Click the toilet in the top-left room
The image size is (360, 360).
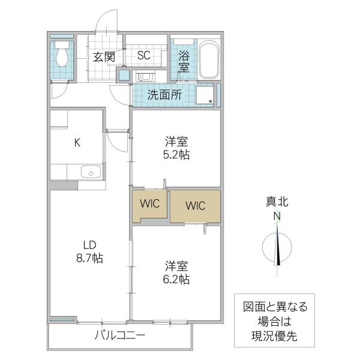point(61,56)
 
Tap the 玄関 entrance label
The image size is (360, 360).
point(104,58)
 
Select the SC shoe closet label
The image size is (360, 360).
point(143,56)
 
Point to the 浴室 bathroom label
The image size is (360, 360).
point(184,61)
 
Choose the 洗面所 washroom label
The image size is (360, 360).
point(164,95)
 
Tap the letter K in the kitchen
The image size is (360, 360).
point(77,143)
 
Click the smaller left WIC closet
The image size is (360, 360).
point(150,204)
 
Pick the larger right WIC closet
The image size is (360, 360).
point(195,206)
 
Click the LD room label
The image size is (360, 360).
point(90,245)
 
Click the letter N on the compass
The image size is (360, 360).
point(277,217)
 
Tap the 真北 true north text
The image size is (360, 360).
point(277,202)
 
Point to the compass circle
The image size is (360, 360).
point(277,248)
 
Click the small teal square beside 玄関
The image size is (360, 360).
point(124,75)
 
